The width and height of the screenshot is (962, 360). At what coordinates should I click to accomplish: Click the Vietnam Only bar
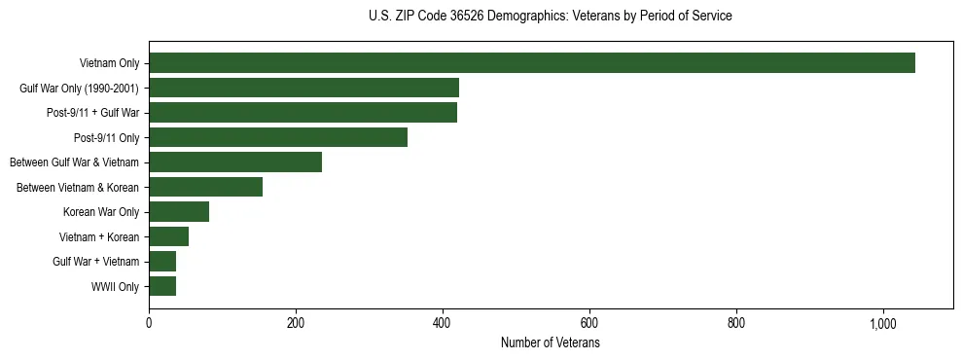point(532,63)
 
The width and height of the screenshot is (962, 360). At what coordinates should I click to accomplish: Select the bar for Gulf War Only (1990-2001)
point(303,88)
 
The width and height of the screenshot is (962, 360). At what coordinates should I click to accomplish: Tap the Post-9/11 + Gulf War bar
point(303,113)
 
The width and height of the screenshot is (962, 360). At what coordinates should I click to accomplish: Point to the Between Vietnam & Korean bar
point(205,187)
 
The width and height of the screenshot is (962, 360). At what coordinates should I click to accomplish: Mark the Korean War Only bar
point(179,212)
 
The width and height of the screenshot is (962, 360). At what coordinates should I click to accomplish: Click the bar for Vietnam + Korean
point(168,236)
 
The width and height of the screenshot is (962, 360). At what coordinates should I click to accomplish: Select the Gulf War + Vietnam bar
point(162,262)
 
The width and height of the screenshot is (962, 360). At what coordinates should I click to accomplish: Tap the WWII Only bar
point(162,286)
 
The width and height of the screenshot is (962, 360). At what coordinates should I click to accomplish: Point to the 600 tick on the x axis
point(589,323)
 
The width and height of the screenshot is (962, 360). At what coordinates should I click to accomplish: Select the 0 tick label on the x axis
point(149,323)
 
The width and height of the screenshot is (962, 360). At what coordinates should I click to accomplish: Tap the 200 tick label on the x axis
point(296,323)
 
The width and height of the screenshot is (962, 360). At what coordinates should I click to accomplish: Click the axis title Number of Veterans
point(550,343)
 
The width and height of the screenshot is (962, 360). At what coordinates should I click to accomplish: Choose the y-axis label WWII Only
point(115,287)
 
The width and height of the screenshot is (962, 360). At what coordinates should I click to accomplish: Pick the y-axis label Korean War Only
point(101,212)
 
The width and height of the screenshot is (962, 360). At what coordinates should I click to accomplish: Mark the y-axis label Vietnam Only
point(109,64)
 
